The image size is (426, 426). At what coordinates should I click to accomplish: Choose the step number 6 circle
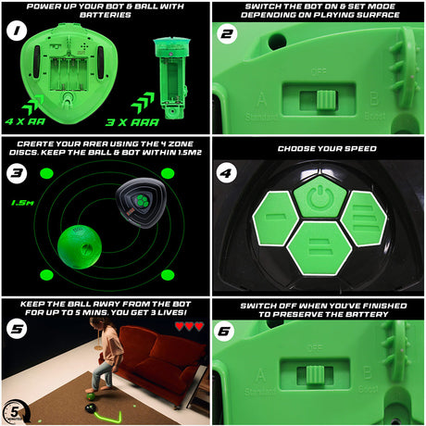click(229, 325)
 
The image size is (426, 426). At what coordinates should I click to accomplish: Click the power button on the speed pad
click(319, 196)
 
